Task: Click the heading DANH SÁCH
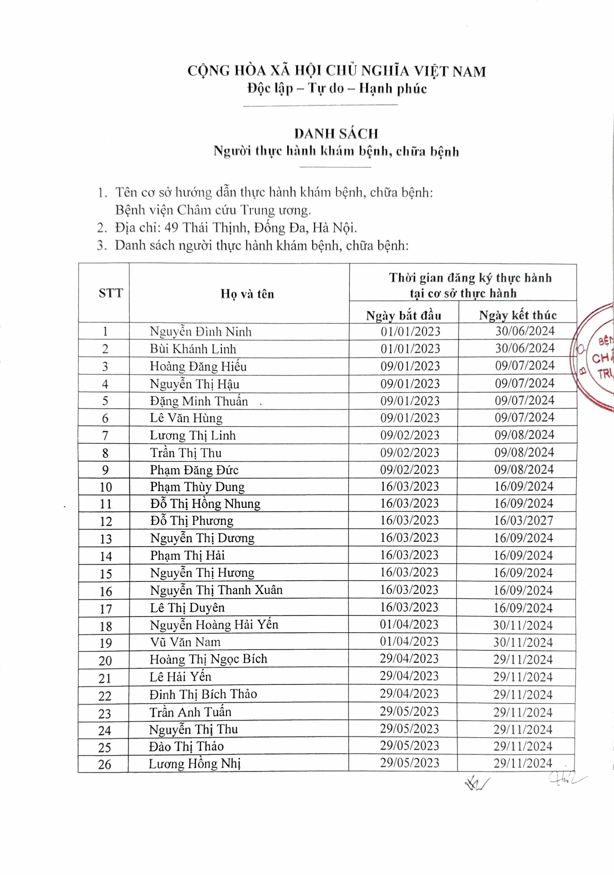point(336,134)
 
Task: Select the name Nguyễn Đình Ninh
point(200,331)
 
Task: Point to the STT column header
point(111,293)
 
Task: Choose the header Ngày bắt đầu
point(404,316)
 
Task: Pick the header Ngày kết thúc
point(518,315)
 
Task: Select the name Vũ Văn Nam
point(185,642)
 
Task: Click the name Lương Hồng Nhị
point(195,764)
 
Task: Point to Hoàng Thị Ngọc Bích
point(209,659)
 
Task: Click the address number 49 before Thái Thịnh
point(171,228)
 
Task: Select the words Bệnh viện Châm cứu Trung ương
point(213,210)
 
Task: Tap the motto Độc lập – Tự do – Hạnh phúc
point(337,89)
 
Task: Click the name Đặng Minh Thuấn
point(199,401)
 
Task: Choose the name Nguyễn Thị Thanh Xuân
point(216,590)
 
